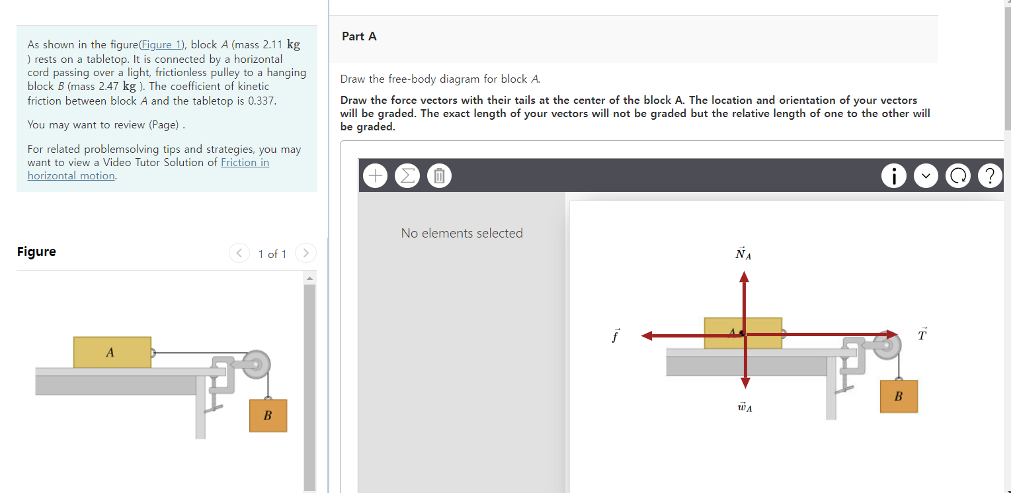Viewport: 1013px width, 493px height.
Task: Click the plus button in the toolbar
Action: click(x=376, y=175)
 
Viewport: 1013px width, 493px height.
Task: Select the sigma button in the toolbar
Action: click(x=407, y=175)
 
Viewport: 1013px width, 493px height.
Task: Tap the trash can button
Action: click(x=439, y=175)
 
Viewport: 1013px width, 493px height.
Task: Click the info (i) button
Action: click(x=893, y=175)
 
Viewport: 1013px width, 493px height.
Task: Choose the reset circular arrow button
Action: click(x=958, y=175)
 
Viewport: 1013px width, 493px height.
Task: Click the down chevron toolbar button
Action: click(x=926, y=175)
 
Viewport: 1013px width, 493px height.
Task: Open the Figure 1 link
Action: click(x=161, y=45)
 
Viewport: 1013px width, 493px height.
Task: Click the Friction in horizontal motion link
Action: click(x=148, y=169)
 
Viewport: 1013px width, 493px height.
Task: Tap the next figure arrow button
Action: click(x=305, y=253)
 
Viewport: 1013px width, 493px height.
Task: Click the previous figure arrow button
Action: click(x=239, y=253)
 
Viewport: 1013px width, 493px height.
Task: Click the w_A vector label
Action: click(x=745, y=407)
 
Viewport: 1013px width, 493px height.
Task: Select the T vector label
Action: click(x=922, y=334)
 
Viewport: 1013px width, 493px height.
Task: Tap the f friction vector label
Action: click(x=616, y=336)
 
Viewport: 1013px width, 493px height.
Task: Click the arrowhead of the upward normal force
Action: click(x=744, y=277)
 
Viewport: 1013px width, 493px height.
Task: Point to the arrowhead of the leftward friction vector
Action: click(x=647, y=336)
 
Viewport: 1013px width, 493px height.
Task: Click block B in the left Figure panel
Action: click(x=268, y=416)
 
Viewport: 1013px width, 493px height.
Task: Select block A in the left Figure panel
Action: click(x=112, y=352)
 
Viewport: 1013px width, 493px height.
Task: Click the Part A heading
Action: click(x=359, y=36)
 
